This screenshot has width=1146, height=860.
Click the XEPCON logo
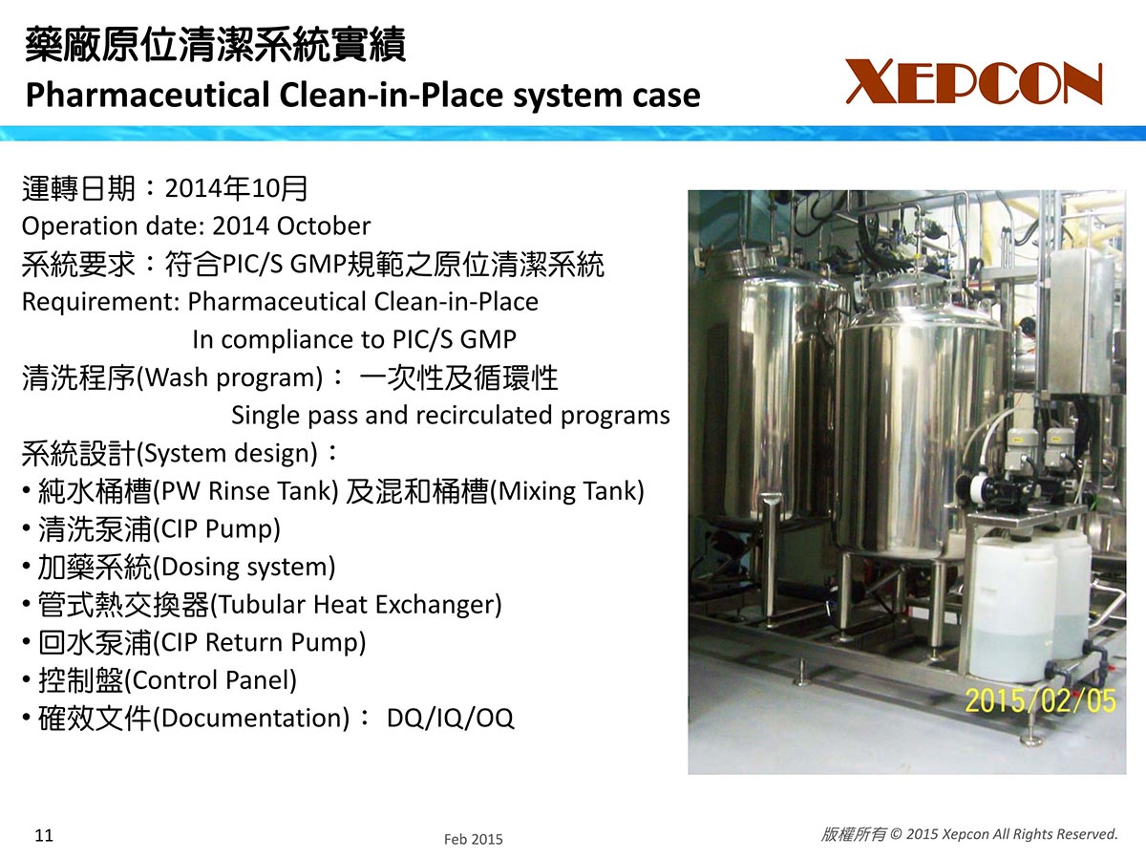[x=974, y=81]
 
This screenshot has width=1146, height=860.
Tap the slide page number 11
[x=44, y=835]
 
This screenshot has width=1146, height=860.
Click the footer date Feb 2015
[x=473, y=839]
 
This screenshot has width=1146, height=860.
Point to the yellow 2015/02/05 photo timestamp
[x=1040, y=700]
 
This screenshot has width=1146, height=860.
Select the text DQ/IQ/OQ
[x=450, y=718]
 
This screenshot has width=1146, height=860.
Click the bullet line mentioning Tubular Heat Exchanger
[x=262, y=605]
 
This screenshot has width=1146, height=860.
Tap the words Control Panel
[x=214, y=680]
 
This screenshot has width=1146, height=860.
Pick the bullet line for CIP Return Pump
[x=194, y=643]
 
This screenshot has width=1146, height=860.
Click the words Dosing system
[x=247, y=567]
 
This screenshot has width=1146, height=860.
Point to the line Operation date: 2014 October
[x=196, y=226]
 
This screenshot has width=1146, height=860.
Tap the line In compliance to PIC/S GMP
[x=354, y=340]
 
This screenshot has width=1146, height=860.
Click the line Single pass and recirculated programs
[x=451, y=416]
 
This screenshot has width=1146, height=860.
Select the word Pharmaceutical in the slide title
[x=148, y=95]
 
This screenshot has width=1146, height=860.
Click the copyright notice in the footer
[x=969, y=834]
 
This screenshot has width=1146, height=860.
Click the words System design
[x=230, y=453]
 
